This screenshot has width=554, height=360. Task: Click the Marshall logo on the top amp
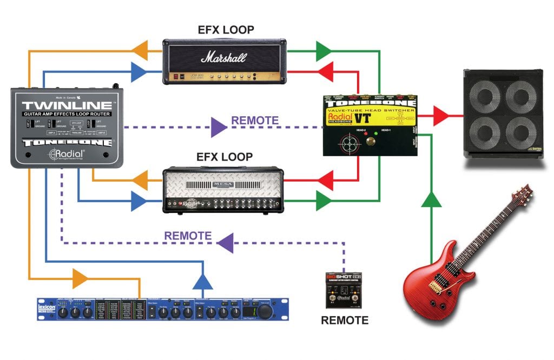224,57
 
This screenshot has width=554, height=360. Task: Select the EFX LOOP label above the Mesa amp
225,157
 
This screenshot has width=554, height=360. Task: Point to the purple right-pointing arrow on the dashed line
219,128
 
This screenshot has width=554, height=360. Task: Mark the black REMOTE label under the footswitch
345,321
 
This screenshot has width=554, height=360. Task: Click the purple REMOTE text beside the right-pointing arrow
255,121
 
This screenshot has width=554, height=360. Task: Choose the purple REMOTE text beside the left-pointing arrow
188,236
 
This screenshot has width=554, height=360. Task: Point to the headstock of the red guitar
522,191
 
